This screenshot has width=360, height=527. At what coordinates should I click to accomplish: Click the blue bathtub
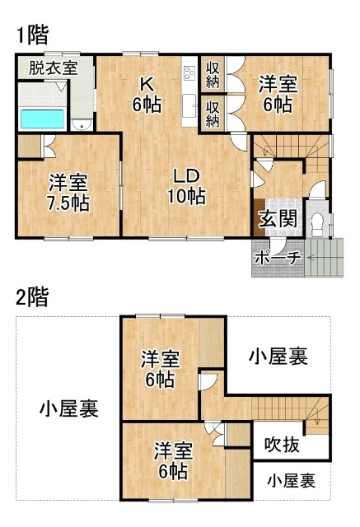pyautogui.click(x=42, y=119)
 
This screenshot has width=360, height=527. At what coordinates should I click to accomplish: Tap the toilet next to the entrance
pyautogui.click(x=317, y=225)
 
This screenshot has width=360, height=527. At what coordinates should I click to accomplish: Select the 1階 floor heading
pyautogui.click(x=32, y=35)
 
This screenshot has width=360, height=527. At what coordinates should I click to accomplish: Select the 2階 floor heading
pyautogui.click(x=32, y=296)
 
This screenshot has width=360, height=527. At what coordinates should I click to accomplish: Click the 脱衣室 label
pyautogui.click(x=53, y=68)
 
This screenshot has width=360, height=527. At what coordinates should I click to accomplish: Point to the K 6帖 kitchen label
pyautogui.click(x=147, y=95)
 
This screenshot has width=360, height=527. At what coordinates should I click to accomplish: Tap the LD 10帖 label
pyautogui.click(x=186, y=186)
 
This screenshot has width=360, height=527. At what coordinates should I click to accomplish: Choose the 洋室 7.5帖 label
pyautogui.click(x=68, y=193)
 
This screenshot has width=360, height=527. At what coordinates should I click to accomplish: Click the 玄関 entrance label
pyautogui.click(x=278, y=219)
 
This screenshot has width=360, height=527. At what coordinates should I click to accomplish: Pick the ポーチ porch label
pyautogui.click(x=278, y=258)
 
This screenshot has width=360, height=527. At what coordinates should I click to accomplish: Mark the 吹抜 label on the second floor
pyautogui.click(x=282, y=445)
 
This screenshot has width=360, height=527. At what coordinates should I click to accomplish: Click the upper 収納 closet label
pyautogui.click(x=213, y=75)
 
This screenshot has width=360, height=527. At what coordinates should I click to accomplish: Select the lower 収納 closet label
pyautogui.click(x=213, y=114)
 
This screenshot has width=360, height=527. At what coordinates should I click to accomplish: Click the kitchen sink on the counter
pyautogui.click(x=189, y=105)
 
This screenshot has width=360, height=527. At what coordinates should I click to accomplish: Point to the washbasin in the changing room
pyautogui.click(x=81, y=124)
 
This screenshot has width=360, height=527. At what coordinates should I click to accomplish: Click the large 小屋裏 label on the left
pyautogui.click(x=69, y=408)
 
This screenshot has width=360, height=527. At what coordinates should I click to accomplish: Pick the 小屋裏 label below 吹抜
pyautogui.click(x=292, y=481)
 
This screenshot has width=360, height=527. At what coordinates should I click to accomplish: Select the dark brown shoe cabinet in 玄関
pyautogui.click(x=259, y=217)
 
